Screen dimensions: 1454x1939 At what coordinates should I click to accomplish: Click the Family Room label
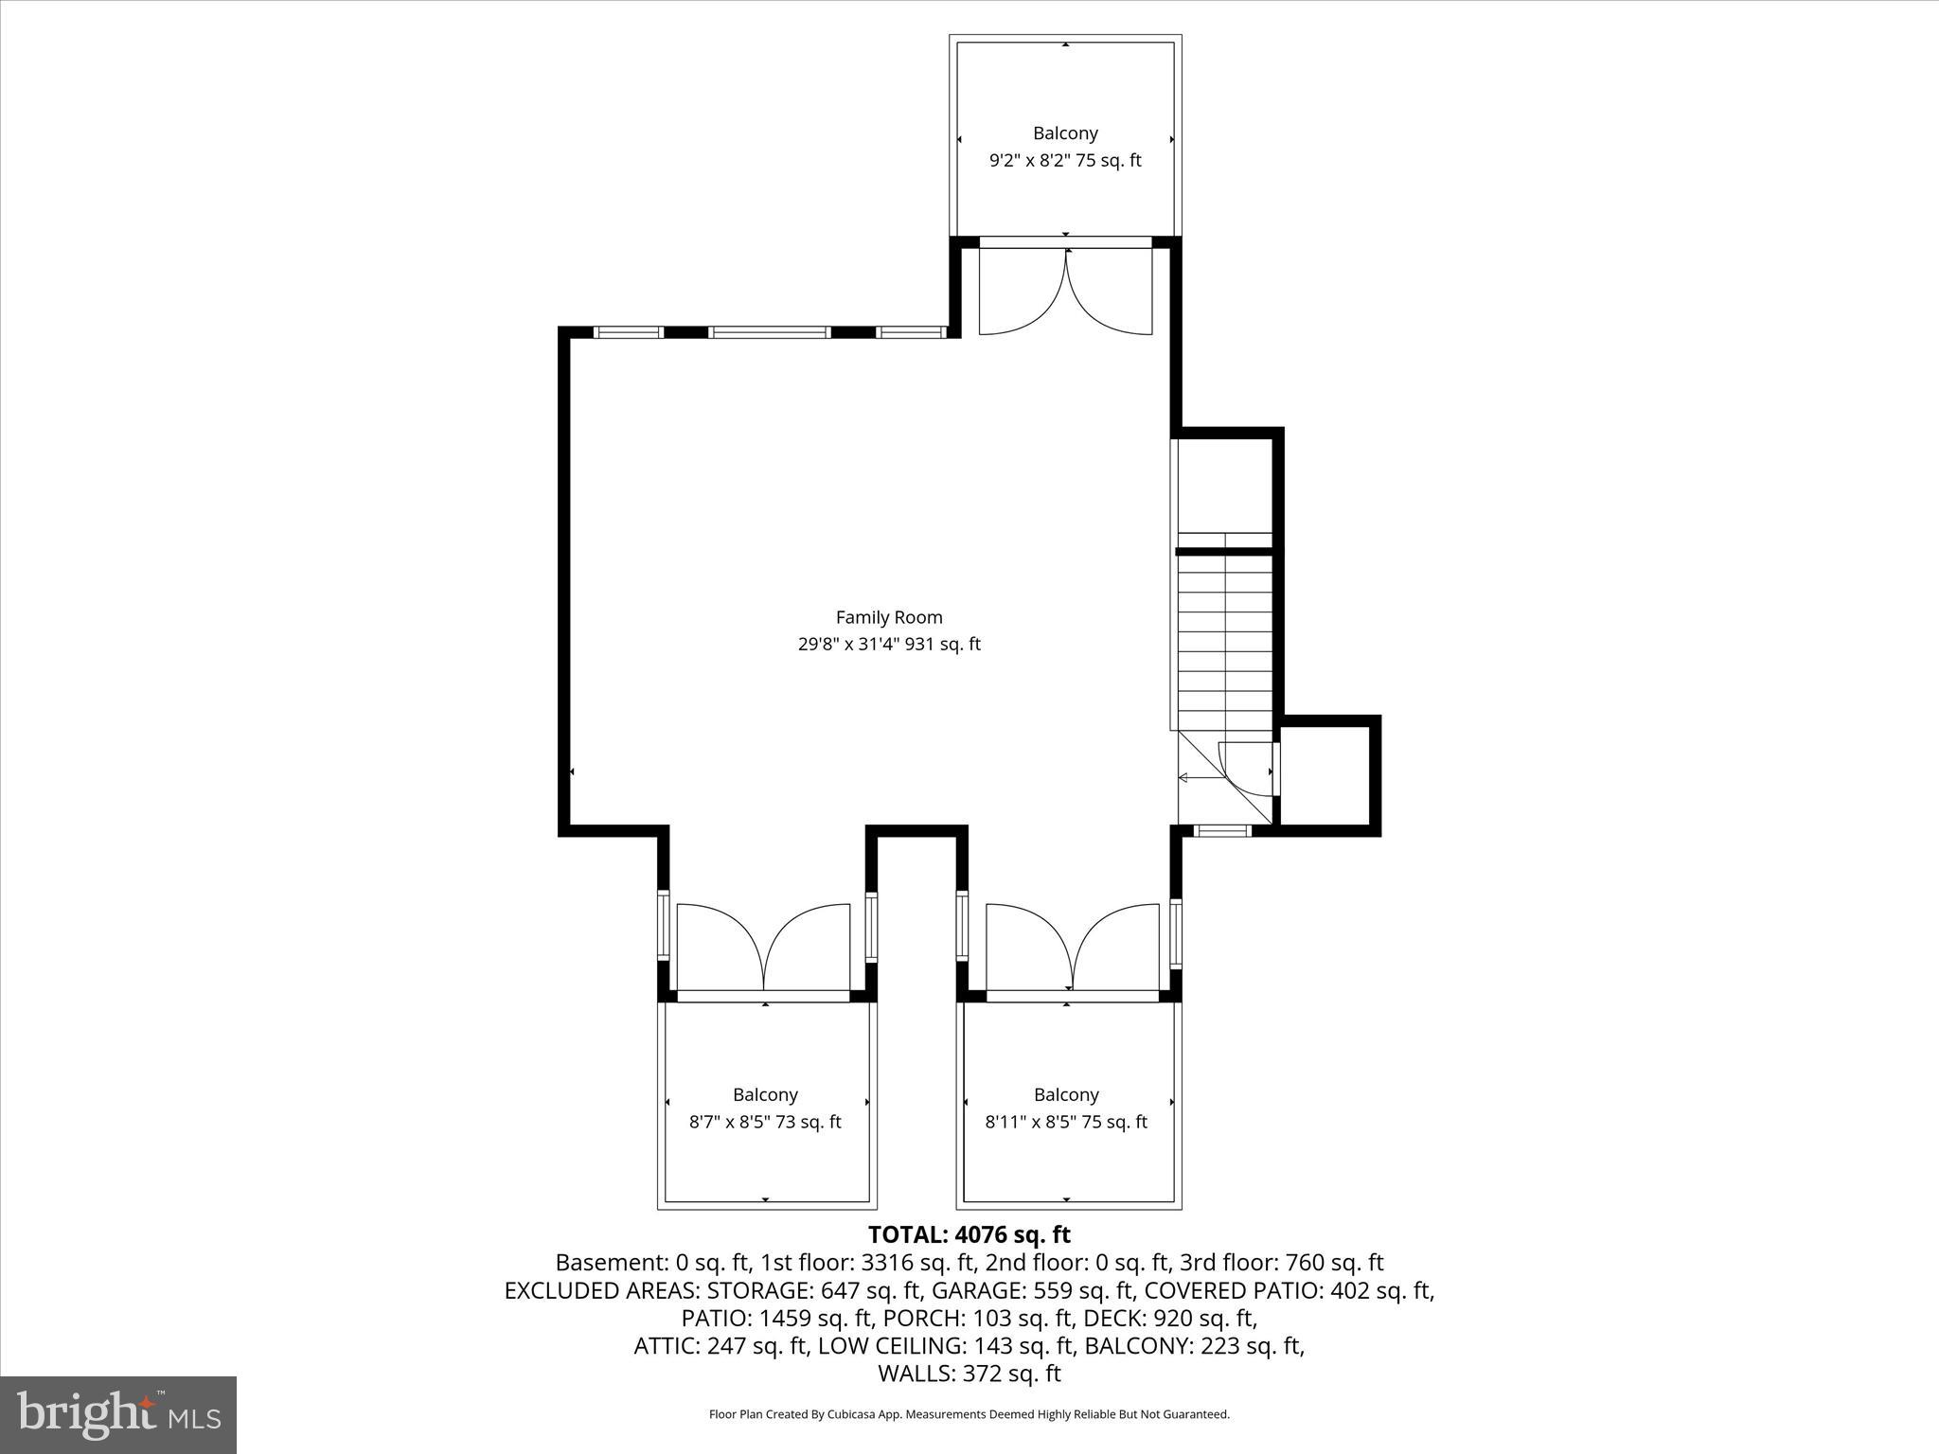pos(889,617)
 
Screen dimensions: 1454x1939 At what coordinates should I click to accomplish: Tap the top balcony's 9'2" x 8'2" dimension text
pos(1065,161)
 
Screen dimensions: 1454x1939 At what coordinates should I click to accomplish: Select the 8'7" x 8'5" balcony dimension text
pos(765,1123)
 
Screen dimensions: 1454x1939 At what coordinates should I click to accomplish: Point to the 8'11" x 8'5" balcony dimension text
pos(1066,1123)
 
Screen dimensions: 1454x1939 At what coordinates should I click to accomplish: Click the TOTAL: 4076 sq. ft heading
pos(969,1234)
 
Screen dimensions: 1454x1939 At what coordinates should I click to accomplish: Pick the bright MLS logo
pos(118,1414)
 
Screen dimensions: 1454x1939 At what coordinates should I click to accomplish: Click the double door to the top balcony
pos(1065,292)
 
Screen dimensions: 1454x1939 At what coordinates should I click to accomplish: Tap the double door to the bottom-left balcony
pos(764,949)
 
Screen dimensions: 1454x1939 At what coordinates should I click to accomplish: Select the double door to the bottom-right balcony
pos(1072,949)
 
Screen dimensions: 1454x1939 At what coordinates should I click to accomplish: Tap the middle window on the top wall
pos(770,332)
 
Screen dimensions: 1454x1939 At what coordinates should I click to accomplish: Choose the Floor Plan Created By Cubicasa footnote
pos(969,1415)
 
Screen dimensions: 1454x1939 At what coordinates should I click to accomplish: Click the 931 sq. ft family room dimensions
pos(889,645)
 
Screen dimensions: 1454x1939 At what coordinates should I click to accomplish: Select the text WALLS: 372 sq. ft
pos(969,1374)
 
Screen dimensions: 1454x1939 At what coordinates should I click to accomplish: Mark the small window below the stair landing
pos(1222,831)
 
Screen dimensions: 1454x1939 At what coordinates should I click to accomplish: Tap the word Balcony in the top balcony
pos(1065,133)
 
